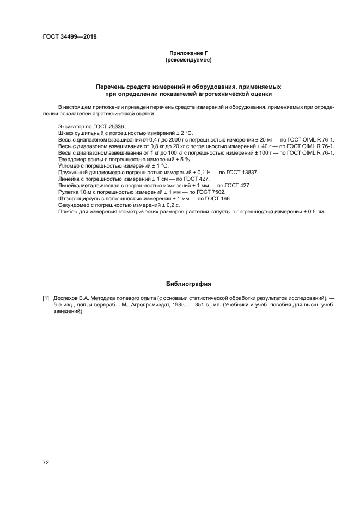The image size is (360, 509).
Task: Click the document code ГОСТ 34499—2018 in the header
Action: (x=69, y=37)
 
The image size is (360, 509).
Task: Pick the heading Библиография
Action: (x=188, y=284)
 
